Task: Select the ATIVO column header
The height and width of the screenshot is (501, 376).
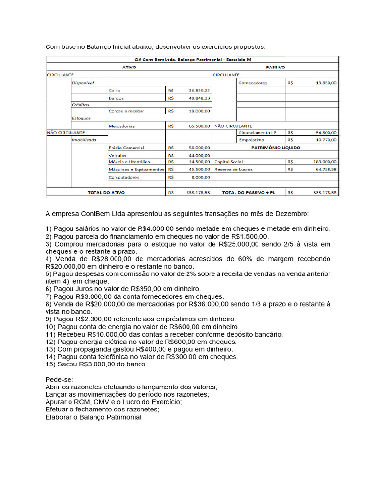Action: tap(129, 68)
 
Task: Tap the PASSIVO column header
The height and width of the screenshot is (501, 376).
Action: tap(275, 68)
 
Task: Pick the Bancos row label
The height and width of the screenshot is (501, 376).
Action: tap(116, 98)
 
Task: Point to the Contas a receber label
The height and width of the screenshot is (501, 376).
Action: tap(126, 111)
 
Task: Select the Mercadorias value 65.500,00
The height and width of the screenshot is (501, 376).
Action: tap(199, 126)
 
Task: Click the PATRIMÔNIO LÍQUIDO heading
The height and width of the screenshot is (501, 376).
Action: tap(276, 147)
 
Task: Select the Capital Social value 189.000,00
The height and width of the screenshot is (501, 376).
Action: tap(325, 161)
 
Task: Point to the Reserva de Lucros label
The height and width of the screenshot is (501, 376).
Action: tap(234, 169)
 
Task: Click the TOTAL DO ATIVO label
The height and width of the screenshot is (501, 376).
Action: tap(106, 193)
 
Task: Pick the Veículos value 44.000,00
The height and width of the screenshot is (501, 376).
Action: tap(199, 155)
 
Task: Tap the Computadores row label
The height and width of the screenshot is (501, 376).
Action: tap(123, 177)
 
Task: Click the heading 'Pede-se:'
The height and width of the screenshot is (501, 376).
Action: tap(59, 379)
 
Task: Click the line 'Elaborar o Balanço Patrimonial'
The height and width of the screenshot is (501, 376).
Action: tap(93, 417)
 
